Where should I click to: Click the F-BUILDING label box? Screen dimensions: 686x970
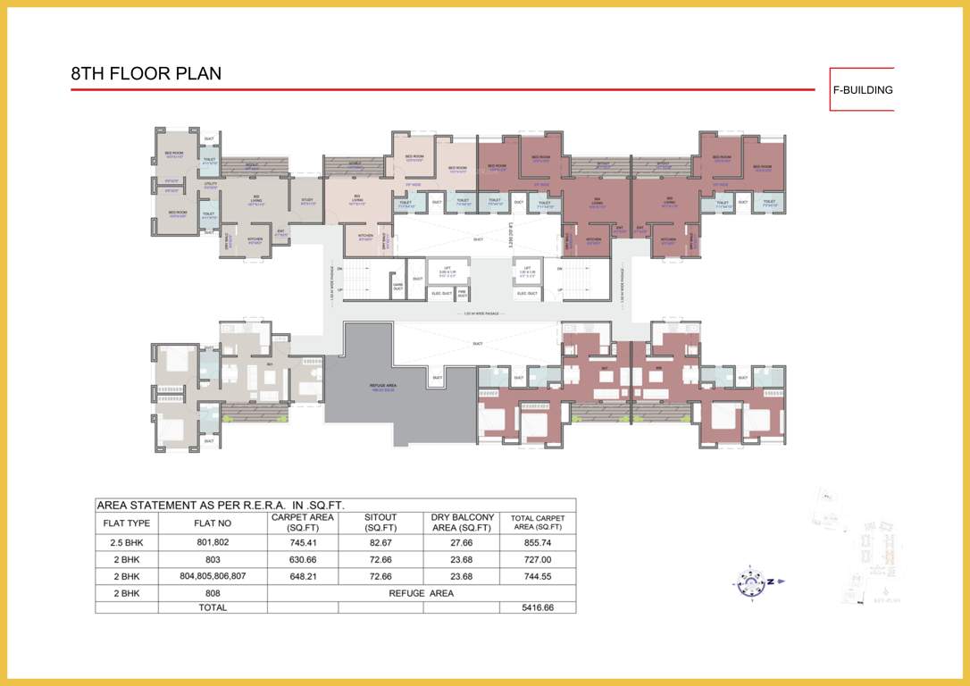(x=862, y=89)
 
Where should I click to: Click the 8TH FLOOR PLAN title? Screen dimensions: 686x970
(x=146, y=74)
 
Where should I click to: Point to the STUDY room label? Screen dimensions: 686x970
(x=307, y=200)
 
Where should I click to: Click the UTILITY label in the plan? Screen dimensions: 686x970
(x=211, y=185)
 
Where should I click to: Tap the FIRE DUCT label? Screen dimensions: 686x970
(x=463, y=293)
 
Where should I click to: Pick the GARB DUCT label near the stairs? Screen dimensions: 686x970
(x=398, y=288)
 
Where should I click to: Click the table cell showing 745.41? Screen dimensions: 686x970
(x=302, y=542)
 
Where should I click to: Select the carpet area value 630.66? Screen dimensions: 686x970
(x=302, y=559)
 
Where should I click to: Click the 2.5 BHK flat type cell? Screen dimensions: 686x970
(x=126, y=542)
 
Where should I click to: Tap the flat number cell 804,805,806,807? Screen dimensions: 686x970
(x=213, y=576)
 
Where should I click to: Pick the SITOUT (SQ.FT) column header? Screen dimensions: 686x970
(x=380, y=523)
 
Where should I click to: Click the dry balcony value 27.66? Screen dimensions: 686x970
(x=461, y=542)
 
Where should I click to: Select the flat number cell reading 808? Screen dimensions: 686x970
(x=213, y=593)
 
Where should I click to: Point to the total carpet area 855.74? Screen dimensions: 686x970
(x=537, y=542)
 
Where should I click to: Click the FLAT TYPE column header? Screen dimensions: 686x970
(x=126, y=523)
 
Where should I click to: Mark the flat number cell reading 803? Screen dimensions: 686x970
(x=213, y=559)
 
